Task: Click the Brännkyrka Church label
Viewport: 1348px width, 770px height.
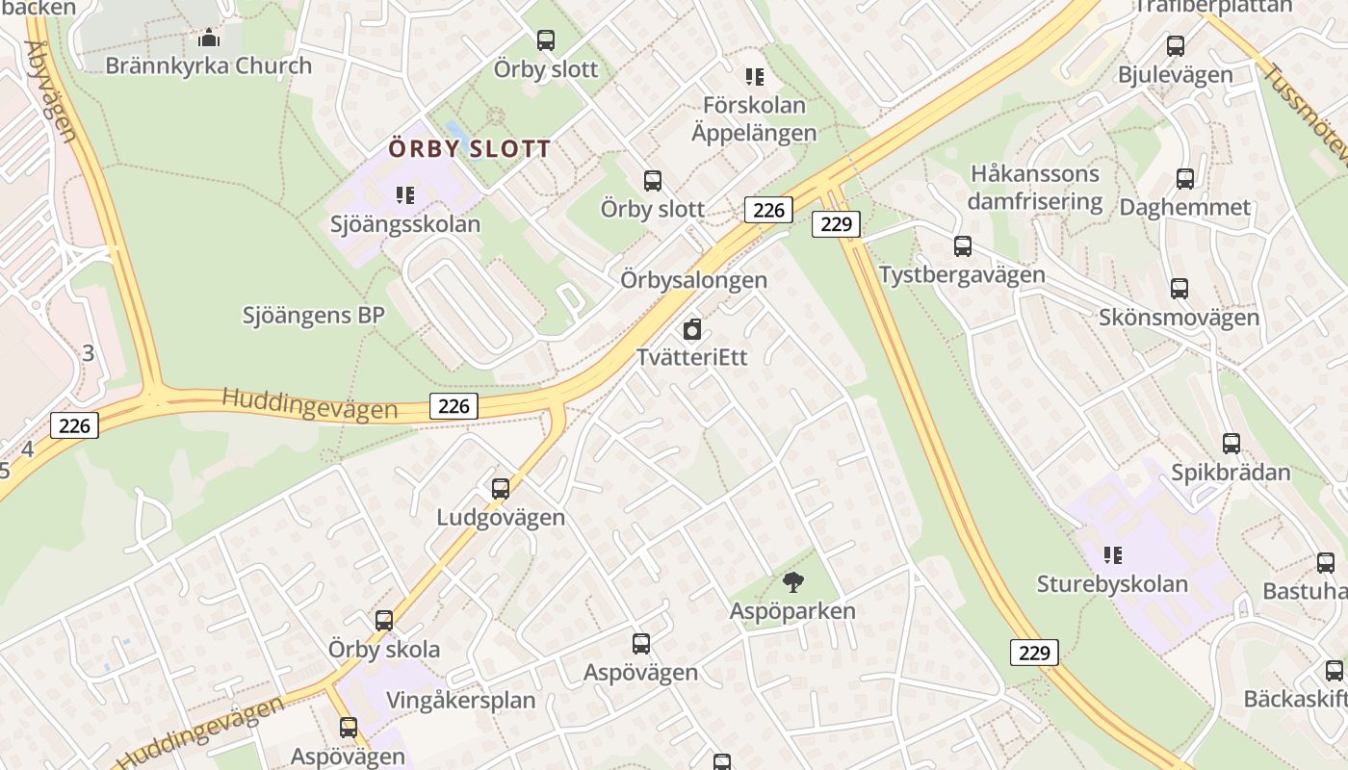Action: [x=208, y=65]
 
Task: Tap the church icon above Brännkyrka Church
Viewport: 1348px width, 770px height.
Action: [x=208, y=38]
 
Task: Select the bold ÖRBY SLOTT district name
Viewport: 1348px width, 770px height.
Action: [x=470, y=149]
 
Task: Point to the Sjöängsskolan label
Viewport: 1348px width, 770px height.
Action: [x=405, y=224]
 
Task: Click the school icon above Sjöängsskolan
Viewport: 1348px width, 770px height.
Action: [x=405, y=195]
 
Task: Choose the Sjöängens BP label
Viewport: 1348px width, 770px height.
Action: [x=314, y=315]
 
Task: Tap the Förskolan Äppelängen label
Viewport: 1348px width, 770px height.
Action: [x=754, y=118]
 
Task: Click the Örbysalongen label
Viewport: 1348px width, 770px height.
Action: [x=693, y=280]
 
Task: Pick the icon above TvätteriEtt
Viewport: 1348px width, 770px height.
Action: [x=691, y=330]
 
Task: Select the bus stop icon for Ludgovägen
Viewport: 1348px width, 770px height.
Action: [x=501, y=488]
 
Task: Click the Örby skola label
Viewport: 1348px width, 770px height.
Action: [x=384, y=649]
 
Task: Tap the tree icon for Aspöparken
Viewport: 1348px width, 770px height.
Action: [x=793, y=581]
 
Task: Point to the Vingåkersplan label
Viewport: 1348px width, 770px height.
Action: [x=460, y=700]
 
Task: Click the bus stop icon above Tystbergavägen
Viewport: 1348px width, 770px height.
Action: [x=963, y=246]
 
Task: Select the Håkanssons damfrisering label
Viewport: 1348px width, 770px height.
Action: [x=1034, y=188]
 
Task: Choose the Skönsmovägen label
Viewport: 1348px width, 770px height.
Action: [x=1179, y=317]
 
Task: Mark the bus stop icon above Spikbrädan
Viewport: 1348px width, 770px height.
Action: [x=1231, y=444]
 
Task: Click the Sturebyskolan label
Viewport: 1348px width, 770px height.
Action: [x=1112, y=583]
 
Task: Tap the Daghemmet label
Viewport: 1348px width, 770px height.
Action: [x=1184, y=207]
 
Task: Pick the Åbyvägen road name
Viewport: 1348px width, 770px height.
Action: [x=51, y=91]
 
